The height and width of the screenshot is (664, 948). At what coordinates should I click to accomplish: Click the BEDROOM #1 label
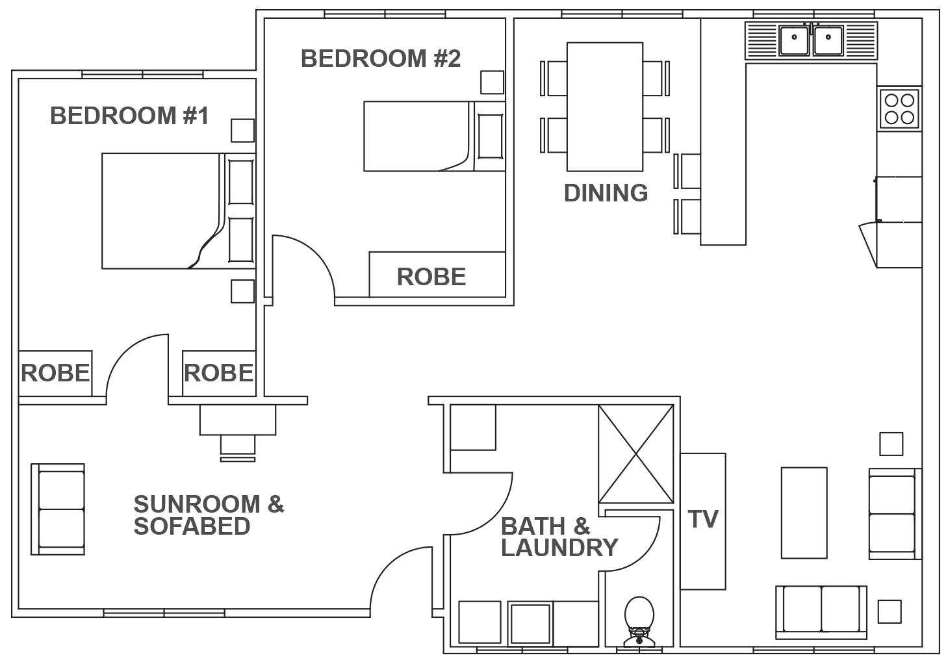129,116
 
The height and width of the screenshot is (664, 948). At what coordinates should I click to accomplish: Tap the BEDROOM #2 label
381,58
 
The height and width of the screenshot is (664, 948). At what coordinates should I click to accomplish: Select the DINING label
606,193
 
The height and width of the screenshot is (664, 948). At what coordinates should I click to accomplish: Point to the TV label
704,519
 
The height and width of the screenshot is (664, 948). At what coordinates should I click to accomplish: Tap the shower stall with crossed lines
635,454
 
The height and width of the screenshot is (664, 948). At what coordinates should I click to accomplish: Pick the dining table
605,107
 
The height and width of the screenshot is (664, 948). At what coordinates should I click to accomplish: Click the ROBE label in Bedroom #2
431,277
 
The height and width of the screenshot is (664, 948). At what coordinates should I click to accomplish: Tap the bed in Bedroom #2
435,136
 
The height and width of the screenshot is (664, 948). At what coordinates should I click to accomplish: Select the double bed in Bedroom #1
179,211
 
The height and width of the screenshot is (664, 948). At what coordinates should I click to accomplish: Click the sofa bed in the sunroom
58,509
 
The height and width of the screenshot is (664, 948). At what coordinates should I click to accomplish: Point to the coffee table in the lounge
804,513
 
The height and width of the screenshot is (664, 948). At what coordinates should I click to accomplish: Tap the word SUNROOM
197,504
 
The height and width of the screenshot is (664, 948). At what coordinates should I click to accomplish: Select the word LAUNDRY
559,548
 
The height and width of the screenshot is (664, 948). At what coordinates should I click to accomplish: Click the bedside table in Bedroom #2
493,83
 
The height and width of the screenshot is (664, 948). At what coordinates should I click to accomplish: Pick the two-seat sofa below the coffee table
821,612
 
